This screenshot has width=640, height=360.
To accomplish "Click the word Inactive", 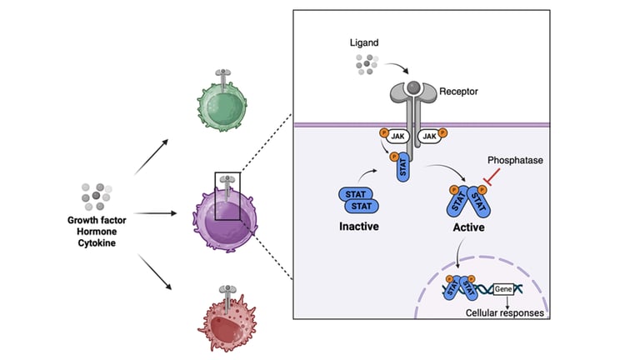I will pos(360,226).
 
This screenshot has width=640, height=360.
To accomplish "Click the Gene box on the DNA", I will pos(503,287).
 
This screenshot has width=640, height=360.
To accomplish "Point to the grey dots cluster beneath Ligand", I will pos(366,65).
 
